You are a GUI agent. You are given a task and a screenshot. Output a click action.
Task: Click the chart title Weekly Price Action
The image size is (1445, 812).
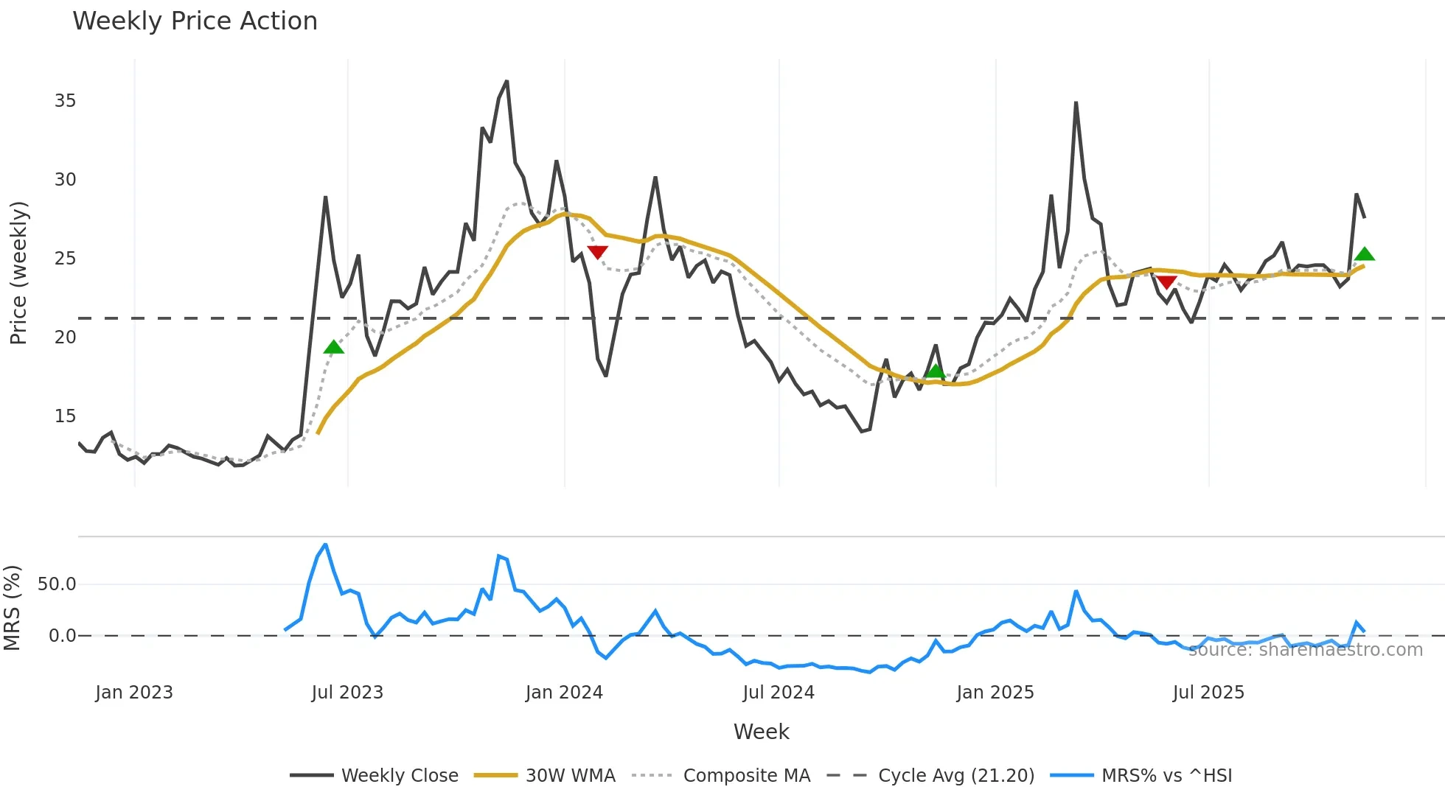195,21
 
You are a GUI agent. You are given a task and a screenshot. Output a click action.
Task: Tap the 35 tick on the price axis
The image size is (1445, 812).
65,101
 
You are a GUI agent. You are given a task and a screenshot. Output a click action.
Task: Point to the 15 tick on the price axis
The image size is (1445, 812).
65,416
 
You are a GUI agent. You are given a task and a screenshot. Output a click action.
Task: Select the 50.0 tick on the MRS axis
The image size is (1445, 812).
57,584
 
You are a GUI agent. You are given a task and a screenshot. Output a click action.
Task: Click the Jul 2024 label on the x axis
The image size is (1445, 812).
779,693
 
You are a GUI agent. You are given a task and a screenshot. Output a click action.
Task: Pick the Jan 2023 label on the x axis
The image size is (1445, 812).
134,693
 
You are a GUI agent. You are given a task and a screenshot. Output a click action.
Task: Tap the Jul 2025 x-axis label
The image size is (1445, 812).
1208,693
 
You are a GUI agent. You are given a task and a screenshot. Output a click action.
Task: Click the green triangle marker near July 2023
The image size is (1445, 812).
334,347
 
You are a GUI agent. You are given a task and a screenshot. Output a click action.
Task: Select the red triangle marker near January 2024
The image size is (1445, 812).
597,252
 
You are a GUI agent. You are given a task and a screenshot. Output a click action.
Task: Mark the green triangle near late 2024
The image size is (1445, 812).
936,371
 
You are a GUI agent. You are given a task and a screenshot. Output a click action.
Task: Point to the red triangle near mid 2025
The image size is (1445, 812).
1166,282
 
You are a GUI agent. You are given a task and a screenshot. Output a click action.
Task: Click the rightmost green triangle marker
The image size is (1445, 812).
1365,254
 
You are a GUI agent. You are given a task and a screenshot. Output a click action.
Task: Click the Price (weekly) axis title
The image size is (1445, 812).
18,273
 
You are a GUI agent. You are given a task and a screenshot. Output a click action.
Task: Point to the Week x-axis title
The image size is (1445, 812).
761,732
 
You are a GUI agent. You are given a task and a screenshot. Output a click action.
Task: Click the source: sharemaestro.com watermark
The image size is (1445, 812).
1305,650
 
